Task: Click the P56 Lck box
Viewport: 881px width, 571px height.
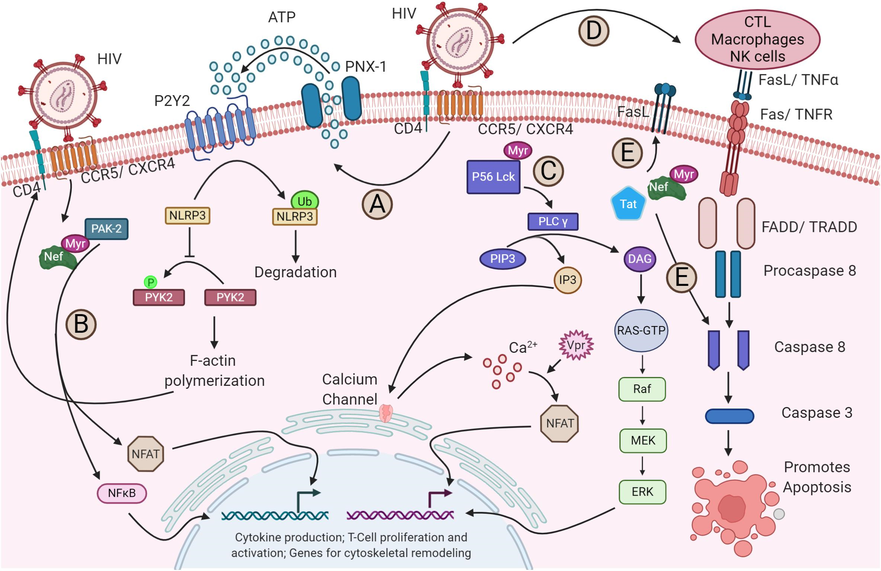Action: pos(493,177)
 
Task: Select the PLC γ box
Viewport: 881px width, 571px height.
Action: pos(553,222)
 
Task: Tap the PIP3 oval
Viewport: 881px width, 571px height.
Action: pos(503,259)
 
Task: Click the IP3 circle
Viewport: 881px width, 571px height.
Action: pos(567,280)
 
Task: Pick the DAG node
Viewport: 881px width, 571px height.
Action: pos(640,259)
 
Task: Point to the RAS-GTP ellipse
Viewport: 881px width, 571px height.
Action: pos(641,330)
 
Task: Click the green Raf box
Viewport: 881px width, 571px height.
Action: pos(642,389)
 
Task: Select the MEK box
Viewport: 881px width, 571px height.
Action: pos(643,441)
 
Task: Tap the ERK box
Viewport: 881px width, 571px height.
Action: pos(642,492)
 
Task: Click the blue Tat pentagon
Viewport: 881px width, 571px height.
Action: pos(628,204)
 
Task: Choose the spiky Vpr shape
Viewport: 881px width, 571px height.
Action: pos(576,345)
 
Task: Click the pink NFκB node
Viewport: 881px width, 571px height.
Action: pos(122,493)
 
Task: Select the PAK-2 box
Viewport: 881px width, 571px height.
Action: pos(106,229)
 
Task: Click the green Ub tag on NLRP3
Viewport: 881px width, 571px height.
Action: pos(304,201)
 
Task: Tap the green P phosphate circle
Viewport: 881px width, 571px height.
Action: pos(151,283)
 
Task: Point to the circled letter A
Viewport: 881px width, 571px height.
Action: pos(377,204)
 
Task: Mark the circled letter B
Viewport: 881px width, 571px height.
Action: pos(81,325)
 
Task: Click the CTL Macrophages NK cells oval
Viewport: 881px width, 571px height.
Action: pos(757,39)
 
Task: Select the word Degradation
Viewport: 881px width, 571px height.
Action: pos(295,272)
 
